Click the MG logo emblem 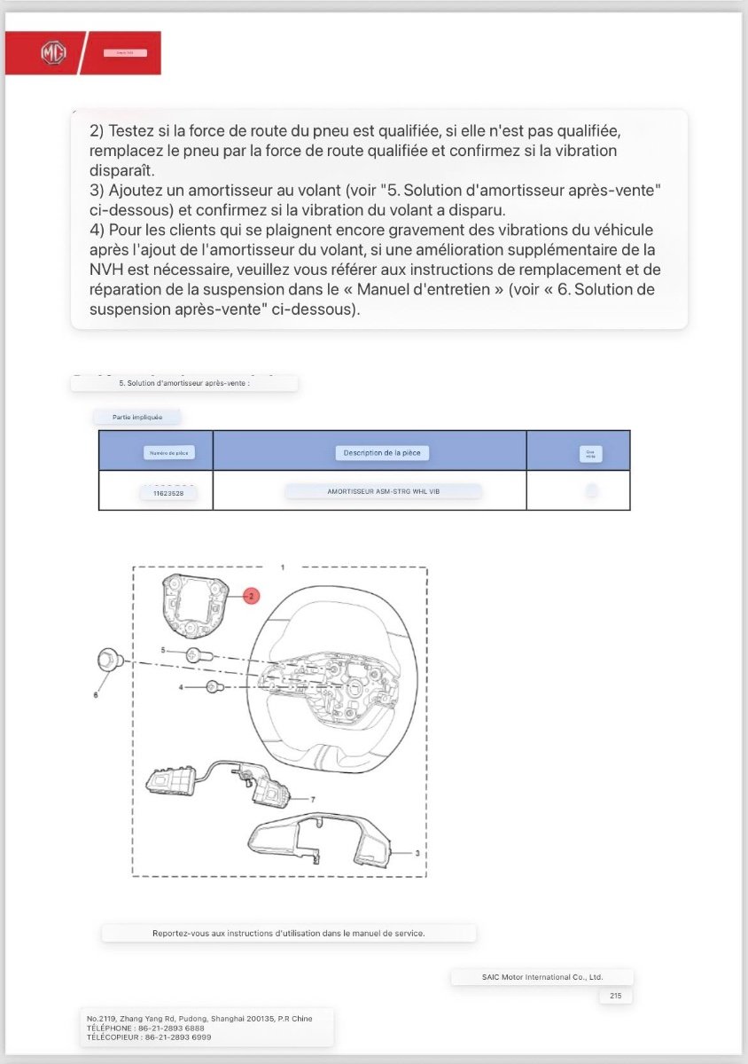pos(53,53)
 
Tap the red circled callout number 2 pos(251,597)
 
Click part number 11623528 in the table pos(168,492)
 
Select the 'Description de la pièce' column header pos(382,453)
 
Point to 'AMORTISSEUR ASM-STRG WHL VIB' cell pos(383,491)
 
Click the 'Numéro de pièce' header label pos(168,453)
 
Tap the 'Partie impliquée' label pos(137,416)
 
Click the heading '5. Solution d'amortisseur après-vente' pos(183,384)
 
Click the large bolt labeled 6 pos(107,660)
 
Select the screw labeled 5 pos(194,655)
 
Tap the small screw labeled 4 pos(214,687)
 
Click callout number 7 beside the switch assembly pos(313,799)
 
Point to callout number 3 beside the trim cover pos(417,853)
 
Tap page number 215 pos(615,997)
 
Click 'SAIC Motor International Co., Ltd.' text pos(542,977)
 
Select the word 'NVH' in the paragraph pos(106,270)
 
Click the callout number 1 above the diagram pos(282,566)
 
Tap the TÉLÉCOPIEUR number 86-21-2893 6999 pos(176,1037)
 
